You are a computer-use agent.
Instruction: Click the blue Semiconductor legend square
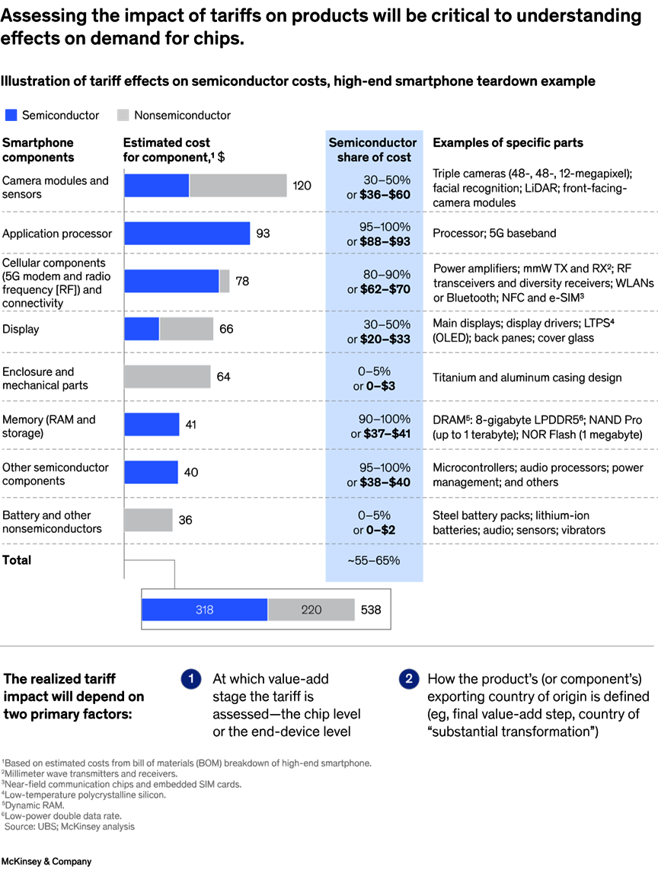[11, 116]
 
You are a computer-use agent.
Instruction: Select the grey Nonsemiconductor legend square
[123, 116]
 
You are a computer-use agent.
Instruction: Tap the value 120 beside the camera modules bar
[302, 186]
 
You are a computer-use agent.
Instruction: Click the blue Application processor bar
[187, 233]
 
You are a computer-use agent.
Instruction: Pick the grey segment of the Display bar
[187, 329]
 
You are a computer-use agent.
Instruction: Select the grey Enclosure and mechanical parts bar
[168, 377]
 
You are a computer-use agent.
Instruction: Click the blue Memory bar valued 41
[152, 425]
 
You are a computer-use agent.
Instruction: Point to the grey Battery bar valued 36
[149, 520]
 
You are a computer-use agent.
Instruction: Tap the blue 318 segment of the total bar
[205, 610]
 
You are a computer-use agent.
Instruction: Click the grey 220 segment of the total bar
[311, 610]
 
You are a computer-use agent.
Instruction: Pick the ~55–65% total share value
[373, 561]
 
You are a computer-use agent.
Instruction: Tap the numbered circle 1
[191, 679]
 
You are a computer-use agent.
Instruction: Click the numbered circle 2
[408, 679]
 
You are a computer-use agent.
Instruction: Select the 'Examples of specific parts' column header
[508, 142]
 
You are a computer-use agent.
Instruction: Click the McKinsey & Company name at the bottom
[46, 862]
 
